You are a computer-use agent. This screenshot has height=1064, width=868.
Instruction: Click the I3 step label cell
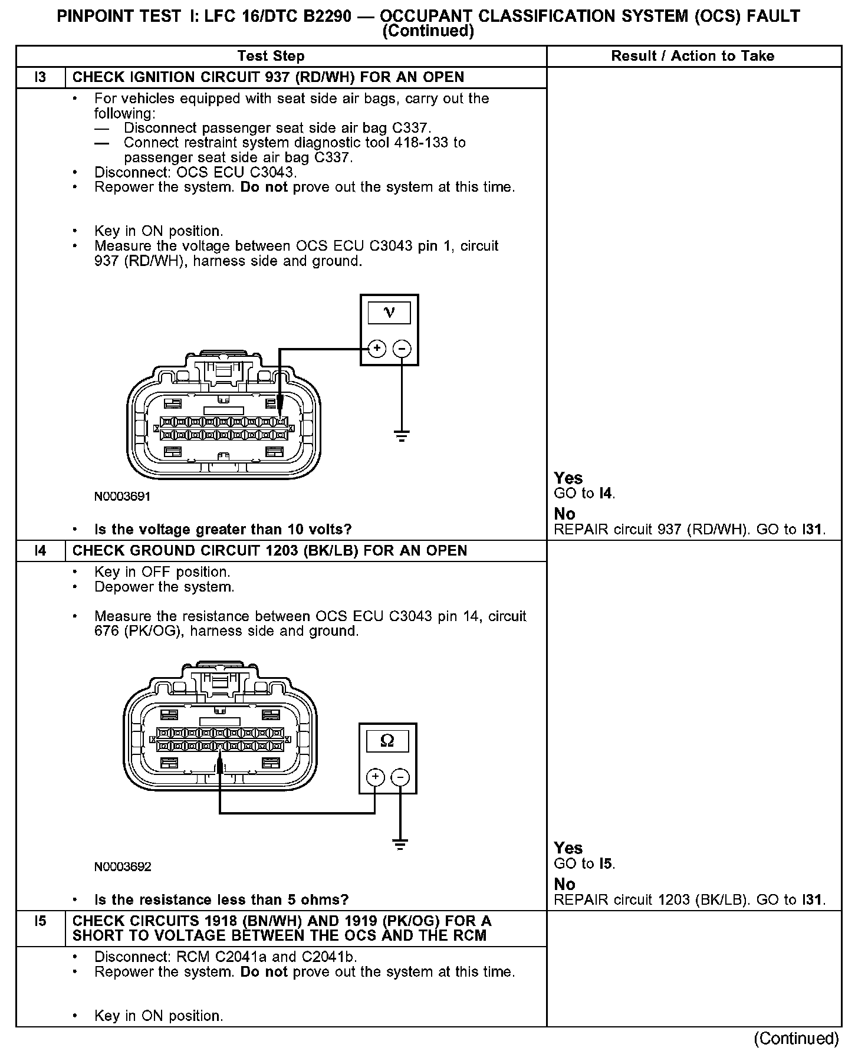pos(40,77)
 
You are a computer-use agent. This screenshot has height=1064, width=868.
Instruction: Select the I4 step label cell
pos(40,551)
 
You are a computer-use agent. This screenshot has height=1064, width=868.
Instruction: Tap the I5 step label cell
pos(40,921)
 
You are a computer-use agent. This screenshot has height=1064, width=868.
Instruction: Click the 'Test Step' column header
pos(271,56)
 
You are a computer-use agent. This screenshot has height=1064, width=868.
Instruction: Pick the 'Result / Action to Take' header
pos(693,56)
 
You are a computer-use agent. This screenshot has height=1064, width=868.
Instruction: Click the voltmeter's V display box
pos(389,313)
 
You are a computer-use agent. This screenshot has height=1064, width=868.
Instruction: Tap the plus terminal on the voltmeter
pos(377,349)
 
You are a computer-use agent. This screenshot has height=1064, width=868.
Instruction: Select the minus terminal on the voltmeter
pos(402,349)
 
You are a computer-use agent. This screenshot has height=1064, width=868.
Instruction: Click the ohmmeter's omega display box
pos(387,741)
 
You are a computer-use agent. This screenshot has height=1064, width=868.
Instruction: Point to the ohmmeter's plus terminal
pos(376,777)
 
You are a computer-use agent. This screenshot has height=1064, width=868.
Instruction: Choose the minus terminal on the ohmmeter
pos(400,777)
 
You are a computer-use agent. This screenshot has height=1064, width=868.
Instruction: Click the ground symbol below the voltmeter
pos(402,436)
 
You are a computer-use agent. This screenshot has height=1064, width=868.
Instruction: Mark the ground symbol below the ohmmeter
pos(400,845)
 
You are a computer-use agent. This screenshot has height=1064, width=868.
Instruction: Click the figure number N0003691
pos(123,497)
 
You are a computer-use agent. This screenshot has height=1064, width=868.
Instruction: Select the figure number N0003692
pos(123,866)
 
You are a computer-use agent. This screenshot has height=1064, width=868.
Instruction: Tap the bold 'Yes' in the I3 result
pos(568,478)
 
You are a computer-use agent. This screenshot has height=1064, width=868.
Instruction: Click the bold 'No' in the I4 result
pos(564,884)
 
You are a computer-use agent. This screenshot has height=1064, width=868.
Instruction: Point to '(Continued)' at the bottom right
pos(796,1039)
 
